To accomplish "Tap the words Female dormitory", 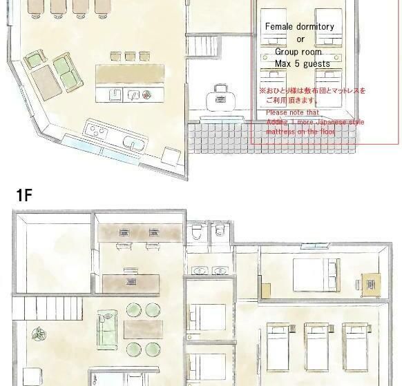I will (x=300, y=27).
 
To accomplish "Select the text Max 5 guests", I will (x=302, y=63).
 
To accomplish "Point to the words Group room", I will (x=298, y=52).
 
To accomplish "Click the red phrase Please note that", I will (x=292, y=112).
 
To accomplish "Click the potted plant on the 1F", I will (x=36, y=334).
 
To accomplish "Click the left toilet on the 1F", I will (x=198, y=232).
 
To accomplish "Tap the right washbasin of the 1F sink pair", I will (x=221, y=272).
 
